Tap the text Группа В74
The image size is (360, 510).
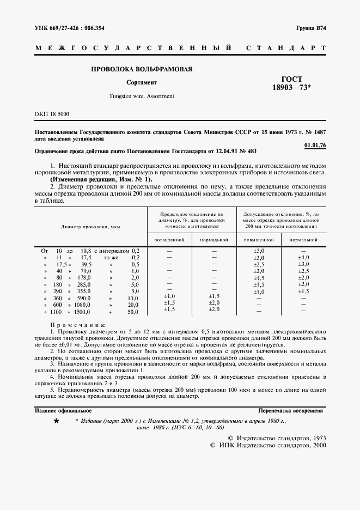311,27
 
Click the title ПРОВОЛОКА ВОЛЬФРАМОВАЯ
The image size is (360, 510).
142,69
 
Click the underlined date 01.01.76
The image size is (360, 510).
315,145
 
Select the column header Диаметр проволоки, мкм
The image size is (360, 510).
90,226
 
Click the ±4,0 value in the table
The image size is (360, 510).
304,257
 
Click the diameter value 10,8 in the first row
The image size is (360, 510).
85,250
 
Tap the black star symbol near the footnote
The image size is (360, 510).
56,421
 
